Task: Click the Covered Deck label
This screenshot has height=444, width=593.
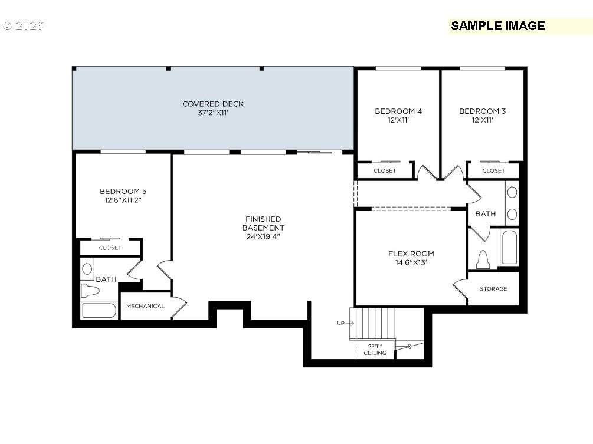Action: [213, 104]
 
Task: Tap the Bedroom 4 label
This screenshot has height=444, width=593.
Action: [398, 111]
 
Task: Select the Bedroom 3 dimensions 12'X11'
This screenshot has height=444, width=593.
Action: [483, 120]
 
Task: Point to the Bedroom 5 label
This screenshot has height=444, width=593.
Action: [123, 191]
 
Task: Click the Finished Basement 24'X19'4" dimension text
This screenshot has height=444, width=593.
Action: [263, 236]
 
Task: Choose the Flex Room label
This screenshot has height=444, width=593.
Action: [411, 254]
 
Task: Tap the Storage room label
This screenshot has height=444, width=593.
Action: [493, 289]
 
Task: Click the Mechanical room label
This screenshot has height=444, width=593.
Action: [145, 306]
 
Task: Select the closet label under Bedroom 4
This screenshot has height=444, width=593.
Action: [385, 171]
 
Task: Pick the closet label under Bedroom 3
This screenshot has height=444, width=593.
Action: [493, 171]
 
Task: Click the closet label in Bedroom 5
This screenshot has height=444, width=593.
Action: [110, 248]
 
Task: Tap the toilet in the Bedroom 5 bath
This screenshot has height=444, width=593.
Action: [90, 291]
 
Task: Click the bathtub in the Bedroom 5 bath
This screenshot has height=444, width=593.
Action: [99, 311]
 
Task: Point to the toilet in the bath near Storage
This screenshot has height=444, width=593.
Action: [483, 259]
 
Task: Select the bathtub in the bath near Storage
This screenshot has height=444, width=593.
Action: [509, 247]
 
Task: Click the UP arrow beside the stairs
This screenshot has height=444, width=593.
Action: [350, 323]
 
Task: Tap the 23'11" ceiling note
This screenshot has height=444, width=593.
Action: [375, 350]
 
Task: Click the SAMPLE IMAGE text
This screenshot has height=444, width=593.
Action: [497, 26]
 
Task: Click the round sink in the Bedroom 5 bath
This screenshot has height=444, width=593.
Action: [87, 269]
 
